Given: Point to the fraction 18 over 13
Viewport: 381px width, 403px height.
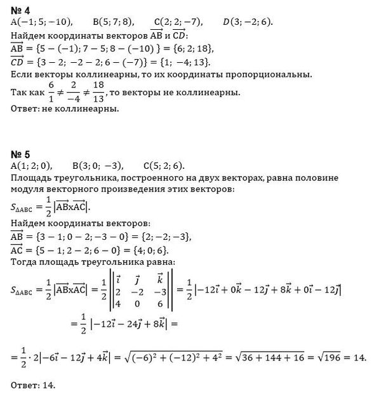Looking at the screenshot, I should (x=97, y=93).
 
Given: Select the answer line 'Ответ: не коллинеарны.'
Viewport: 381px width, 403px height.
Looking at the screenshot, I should (x=65, y=109).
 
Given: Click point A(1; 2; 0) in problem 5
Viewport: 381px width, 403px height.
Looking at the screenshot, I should (x=32, y=166).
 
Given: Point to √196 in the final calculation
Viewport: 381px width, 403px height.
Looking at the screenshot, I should (x=335, y=357).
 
